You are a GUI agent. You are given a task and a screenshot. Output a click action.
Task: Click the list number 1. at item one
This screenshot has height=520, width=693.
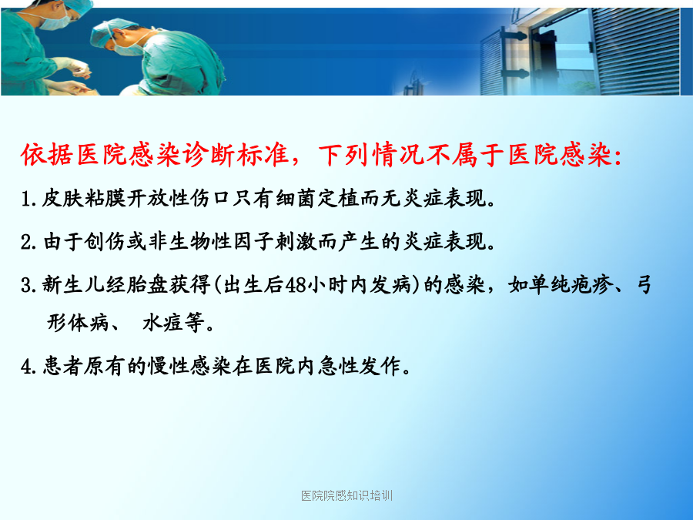point(28,199)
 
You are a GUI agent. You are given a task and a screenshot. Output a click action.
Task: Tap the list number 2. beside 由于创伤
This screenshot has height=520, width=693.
point(28,243)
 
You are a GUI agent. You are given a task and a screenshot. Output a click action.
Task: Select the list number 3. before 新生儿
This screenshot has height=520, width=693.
point(28,285)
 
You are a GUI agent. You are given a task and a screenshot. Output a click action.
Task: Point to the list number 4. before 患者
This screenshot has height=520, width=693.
point(28,367)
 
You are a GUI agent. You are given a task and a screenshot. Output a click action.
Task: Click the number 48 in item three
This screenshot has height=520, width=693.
point(295,285)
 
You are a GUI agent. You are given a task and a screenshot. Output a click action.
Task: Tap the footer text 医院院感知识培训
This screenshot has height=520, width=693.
point(347,495)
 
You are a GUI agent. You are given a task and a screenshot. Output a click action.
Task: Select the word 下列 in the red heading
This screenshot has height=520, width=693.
point(345,155)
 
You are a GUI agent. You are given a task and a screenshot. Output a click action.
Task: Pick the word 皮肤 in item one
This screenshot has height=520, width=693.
point(62,199)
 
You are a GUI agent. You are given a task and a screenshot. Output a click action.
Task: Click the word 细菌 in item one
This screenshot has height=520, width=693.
point(296,199)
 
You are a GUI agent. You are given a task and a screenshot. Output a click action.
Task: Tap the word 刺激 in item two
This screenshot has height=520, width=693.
point(296,242)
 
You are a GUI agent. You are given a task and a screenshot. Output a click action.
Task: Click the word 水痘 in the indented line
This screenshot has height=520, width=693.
point(162,322)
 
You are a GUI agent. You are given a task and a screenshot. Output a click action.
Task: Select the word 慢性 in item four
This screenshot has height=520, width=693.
point(169,366)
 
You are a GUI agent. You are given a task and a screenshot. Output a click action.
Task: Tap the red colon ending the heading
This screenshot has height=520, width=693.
point(618,156)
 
